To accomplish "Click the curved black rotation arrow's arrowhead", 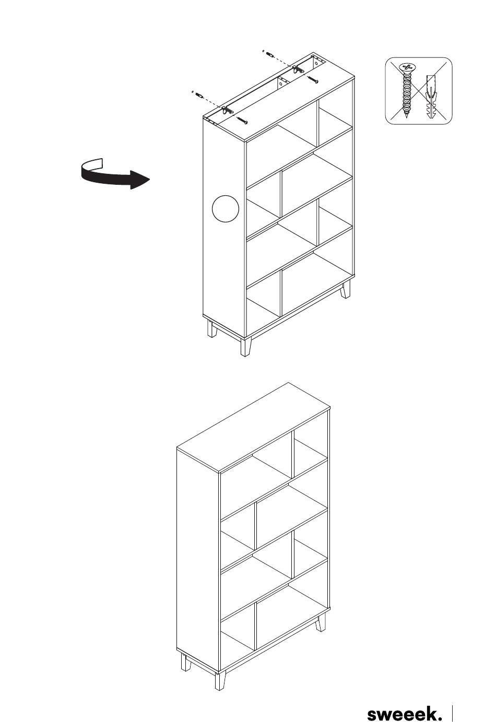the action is coord(140,180).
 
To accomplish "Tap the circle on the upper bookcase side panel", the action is coord(225,208).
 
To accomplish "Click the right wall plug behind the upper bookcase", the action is coord(270,54).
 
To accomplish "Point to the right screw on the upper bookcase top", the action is coord(313,79).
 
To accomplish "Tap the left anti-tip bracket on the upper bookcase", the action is coord(227,110).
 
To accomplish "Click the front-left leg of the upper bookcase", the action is coord(245,347).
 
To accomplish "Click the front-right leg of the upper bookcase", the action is coord(346,289).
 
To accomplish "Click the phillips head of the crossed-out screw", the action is coord(407,67).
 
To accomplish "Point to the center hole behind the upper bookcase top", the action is coord(281,83).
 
